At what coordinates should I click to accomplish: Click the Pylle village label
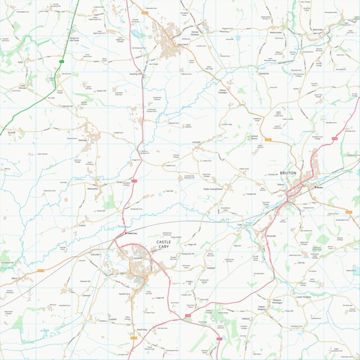pos(20,62)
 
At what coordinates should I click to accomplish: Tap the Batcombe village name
pos(318,29)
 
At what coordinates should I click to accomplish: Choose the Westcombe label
pos(275,33)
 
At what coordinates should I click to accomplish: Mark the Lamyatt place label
pos(197,143)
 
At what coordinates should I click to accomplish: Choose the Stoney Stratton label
pos(195,33)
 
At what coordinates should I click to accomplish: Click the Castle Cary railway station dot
pos(125,233)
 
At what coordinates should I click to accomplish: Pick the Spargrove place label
pos(263,74)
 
